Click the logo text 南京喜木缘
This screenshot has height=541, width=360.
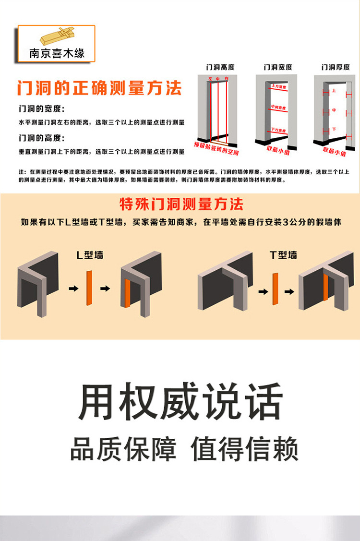click(x=57, y=53)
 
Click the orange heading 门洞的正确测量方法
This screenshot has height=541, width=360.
click(x=99, y=88)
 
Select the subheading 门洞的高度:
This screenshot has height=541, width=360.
click(x=42, y=138)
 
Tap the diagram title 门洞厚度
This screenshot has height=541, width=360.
click(x=335, y=67)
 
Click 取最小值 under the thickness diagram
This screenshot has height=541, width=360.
click(x=335, y=151)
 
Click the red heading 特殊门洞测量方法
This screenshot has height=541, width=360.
click(x=181, y=204)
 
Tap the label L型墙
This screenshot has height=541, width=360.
click(x=90, y=255)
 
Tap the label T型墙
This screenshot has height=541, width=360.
click(x=283, y=255)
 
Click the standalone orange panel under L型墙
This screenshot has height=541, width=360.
click(x=89, y=288)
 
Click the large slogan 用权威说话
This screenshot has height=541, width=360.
click(x=180, y=402)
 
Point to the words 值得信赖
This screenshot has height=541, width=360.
click(x=244, y=449)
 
